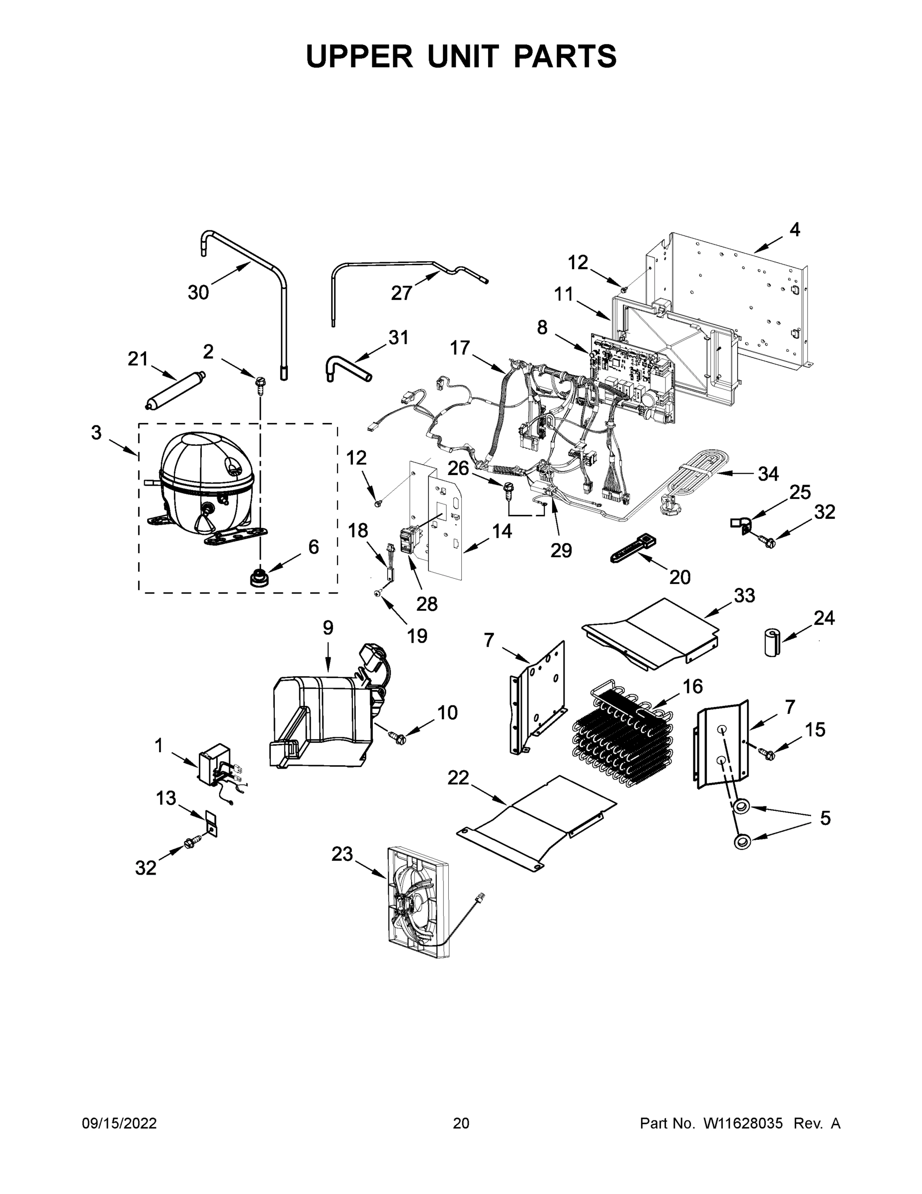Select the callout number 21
[138, 359]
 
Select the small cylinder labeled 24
[771, 642]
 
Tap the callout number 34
[768, 474]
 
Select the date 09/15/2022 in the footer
[119, 1123]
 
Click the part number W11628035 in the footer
[743, 1123]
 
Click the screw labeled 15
[767, 754]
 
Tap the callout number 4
[795, 230]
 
